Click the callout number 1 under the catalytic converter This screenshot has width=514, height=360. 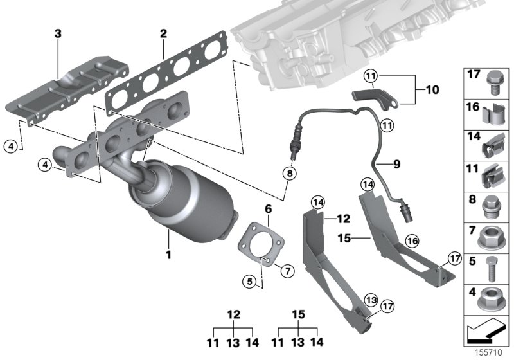tap(168, 255)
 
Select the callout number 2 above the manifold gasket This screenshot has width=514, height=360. tap(164, 33)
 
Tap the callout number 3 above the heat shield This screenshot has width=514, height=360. tap(58, 33)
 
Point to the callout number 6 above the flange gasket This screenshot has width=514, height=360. tap(269, 209)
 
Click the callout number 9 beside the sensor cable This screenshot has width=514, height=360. tap(396, 165)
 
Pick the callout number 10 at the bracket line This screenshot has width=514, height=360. tap(432, 90)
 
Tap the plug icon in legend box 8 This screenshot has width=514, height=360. tap(493, 207)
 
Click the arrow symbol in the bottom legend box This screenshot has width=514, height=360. tap(486, 332)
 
